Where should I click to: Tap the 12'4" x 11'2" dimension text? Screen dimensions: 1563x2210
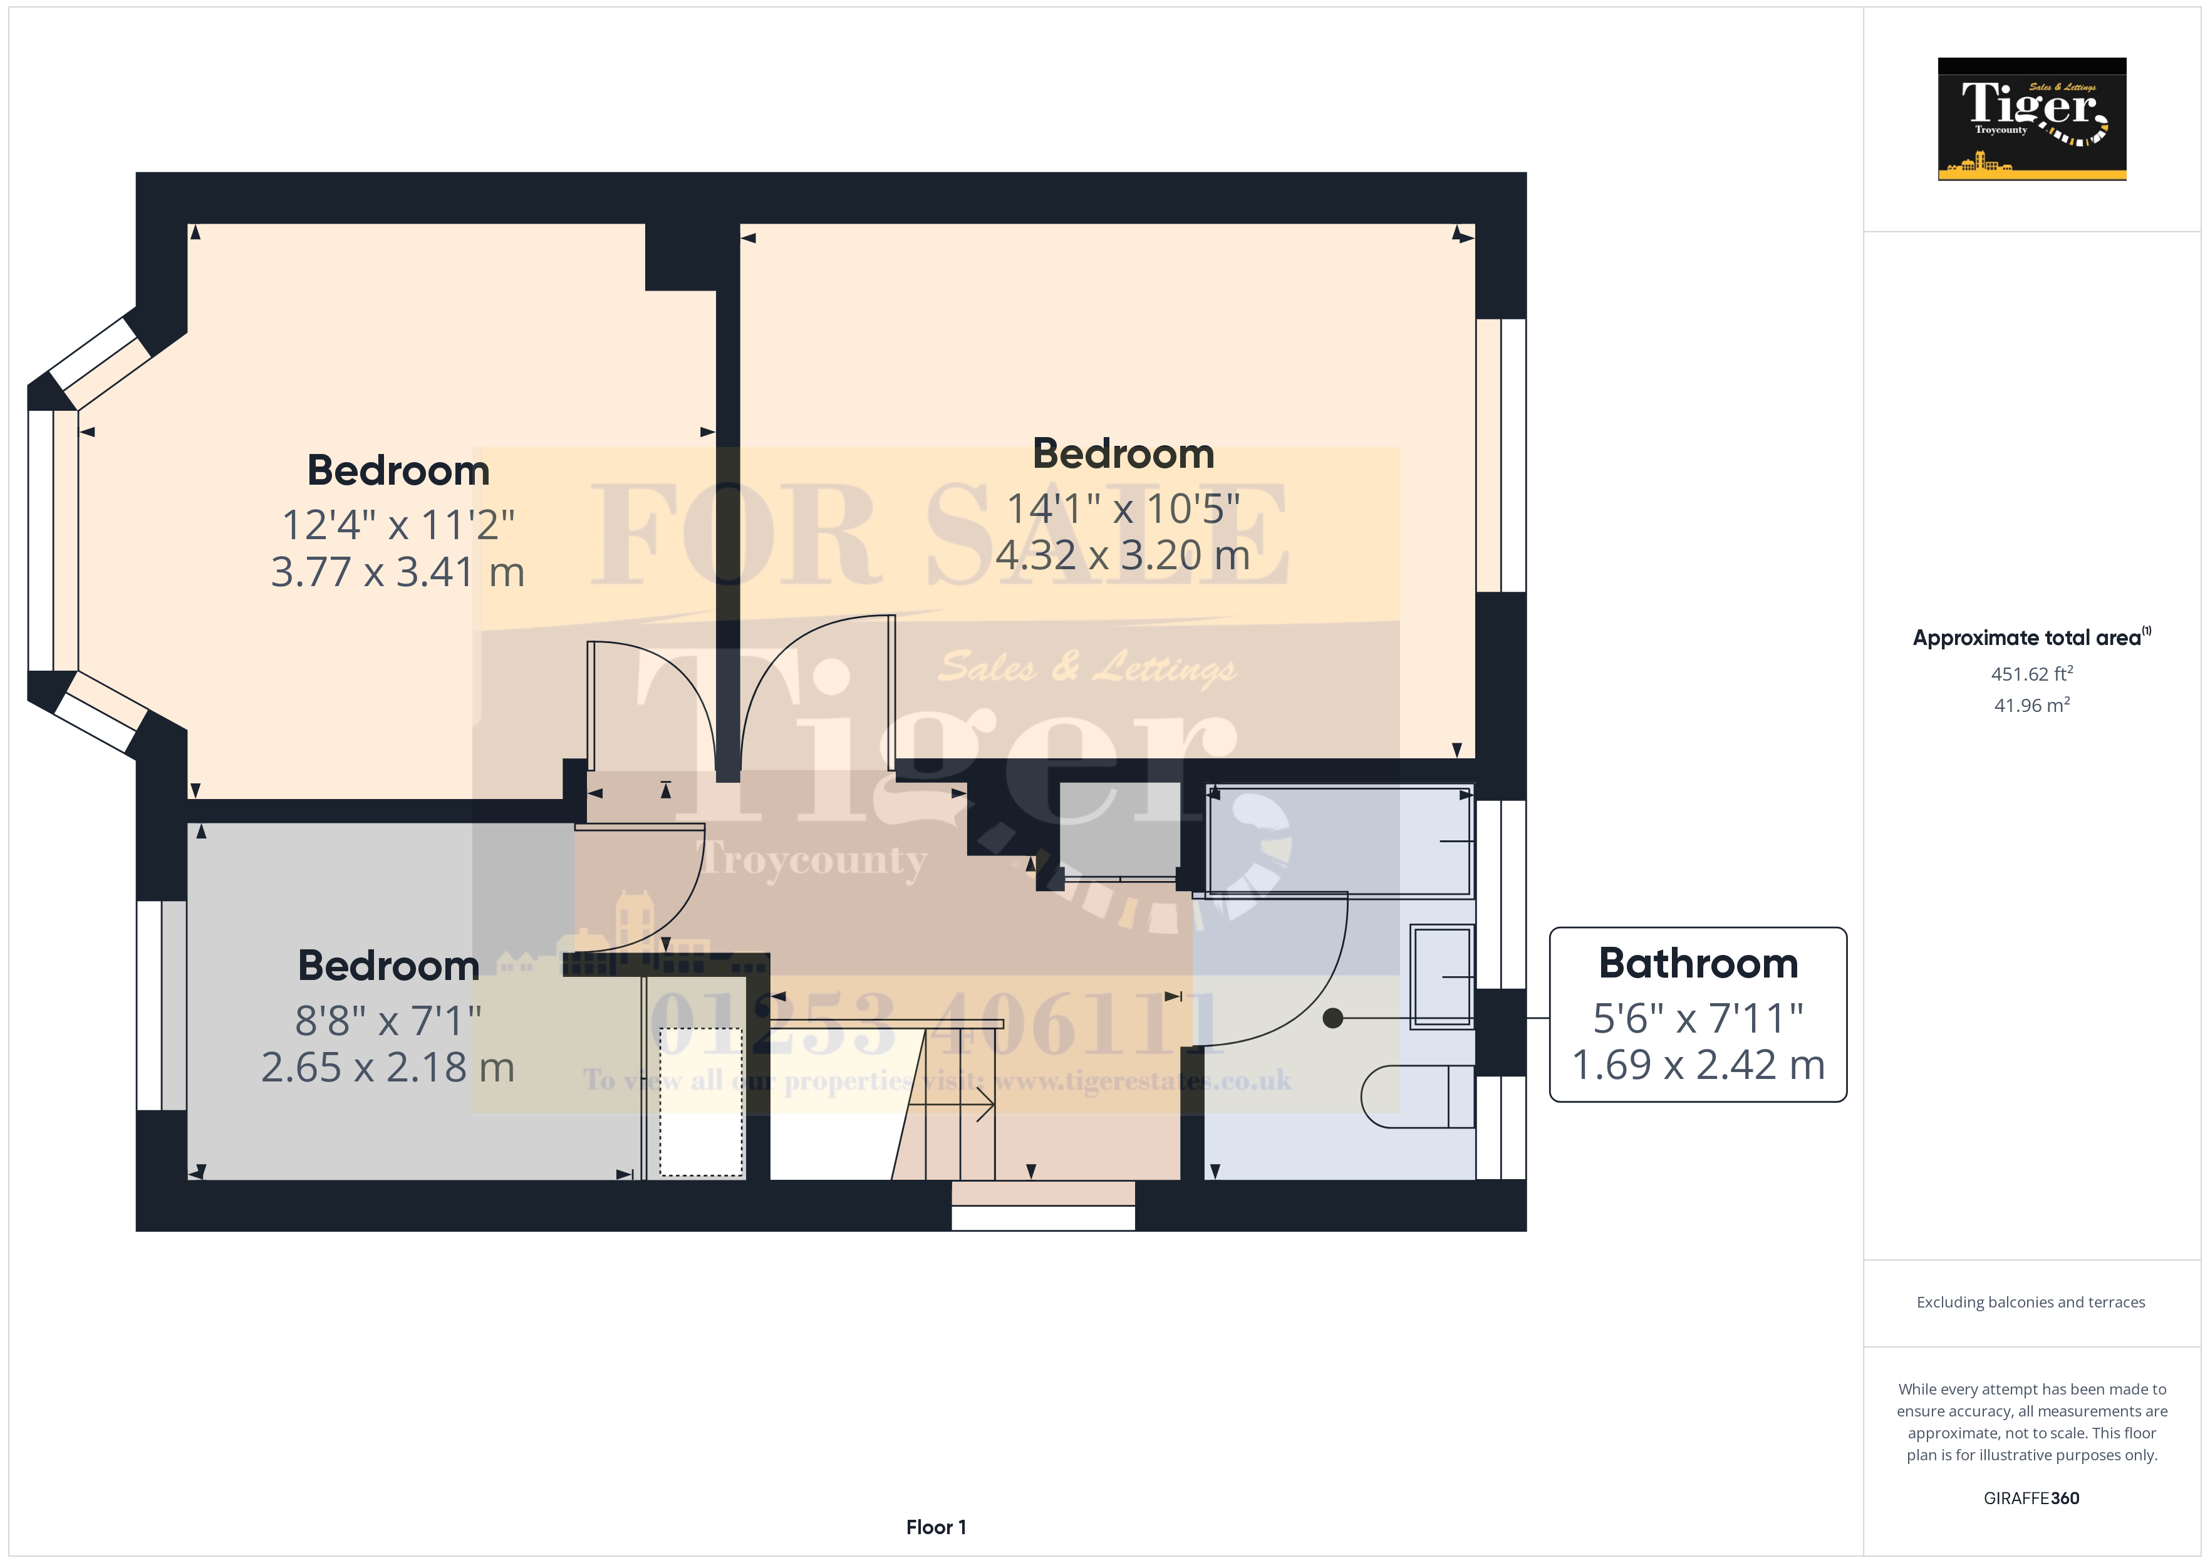coord(398,525)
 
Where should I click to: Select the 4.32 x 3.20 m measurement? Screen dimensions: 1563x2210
coord(1123,555)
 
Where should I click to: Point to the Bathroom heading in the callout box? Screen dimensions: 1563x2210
coord(1698,963)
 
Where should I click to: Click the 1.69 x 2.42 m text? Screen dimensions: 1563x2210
coord(1698,1065)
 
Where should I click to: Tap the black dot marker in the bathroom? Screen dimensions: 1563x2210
coord(1332,1018)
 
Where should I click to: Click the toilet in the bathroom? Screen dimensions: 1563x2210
coord(1415,1096)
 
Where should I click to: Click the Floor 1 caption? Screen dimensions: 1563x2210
coord(936,1527)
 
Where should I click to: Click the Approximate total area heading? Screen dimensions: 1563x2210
coord(2029,638)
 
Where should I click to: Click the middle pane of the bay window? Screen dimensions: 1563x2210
coord(41,540)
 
